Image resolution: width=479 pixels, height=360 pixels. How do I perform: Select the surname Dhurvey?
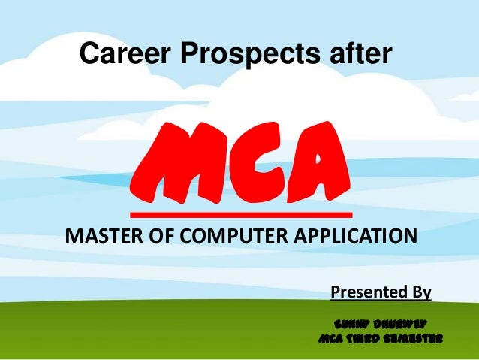400,323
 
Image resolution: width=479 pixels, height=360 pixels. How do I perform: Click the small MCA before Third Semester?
333,339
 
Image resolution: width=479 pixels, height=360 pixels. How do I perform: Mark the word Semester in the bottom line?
417,339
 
